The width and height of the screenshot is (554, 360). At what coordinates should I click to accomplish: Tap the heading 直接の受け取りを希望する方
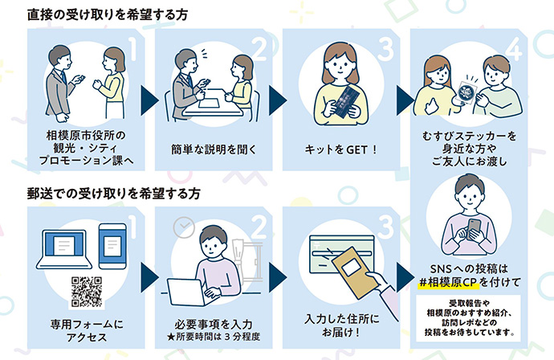[x=116, y=14]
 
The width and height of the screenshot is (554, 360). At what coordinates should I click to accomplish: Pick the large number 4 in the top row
[x=515, y=47]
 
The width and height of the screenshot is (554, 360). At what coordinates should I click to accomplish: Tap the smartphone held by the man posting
[x=475, y=229]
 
